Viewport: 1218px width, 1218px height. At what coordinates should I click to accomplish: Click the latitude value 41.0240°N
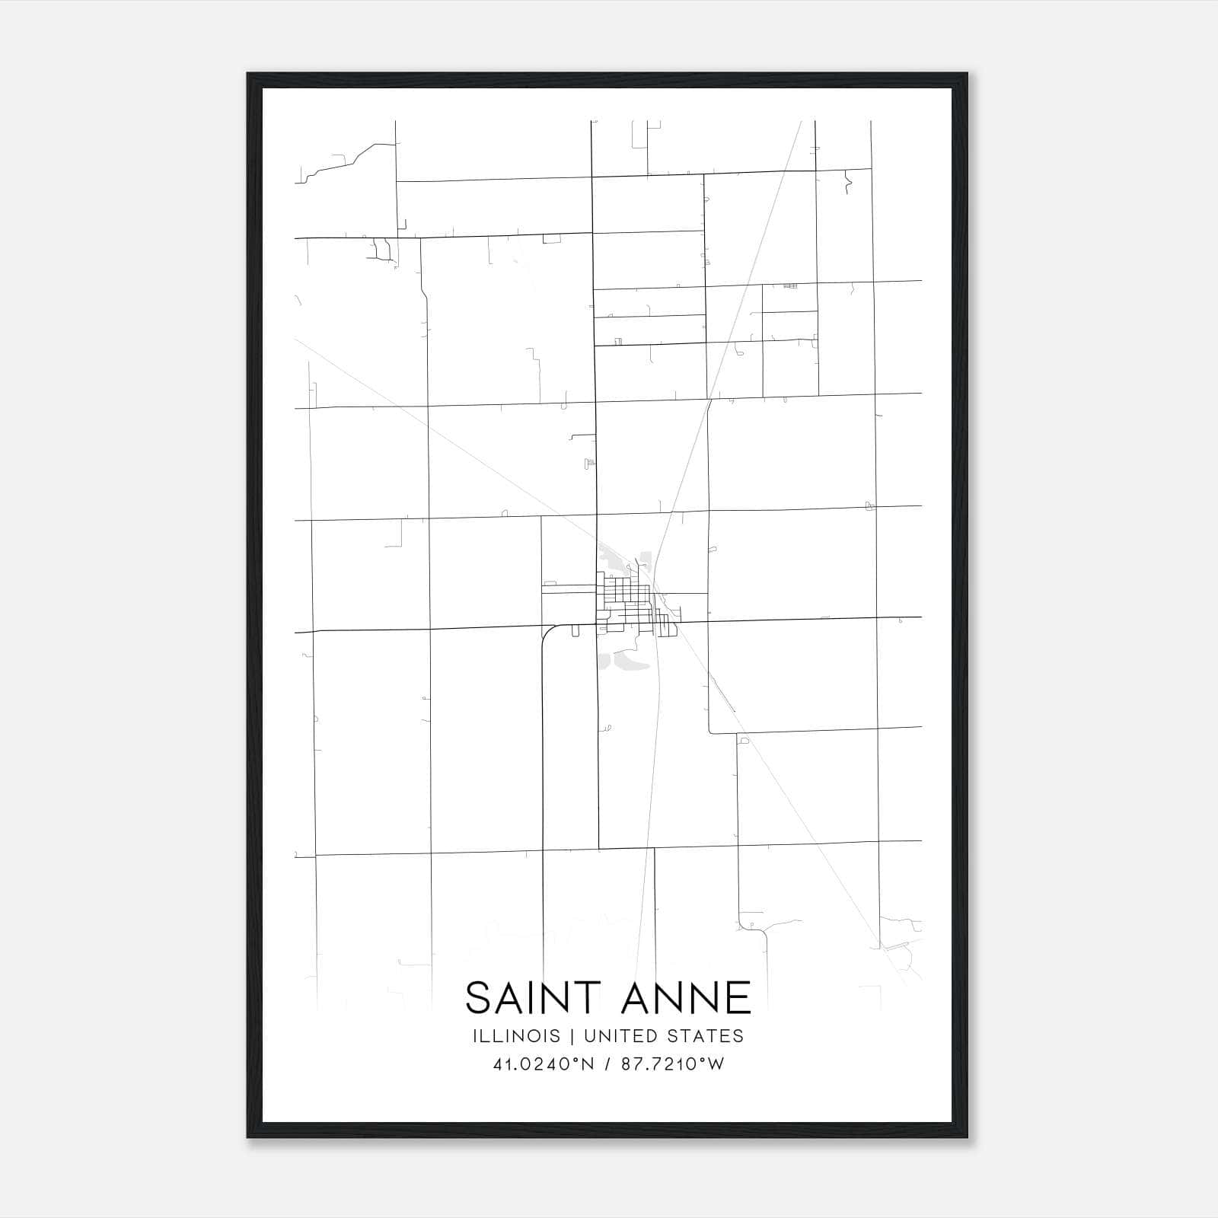(x=544, y=1064)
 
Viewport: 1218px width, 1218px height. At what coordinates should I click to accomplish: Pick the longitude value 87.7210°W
(x=673, y=1064)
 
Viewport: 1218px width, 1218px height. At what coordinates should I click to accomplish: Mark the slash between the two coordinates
(x=607, y=1064)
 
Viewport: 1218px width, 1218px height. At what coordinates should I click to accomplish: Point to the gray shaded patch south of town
(x=624, y=660)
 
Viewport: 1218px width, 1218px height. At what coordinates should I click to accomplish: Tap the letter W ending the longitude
(x=716, y=1064)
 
